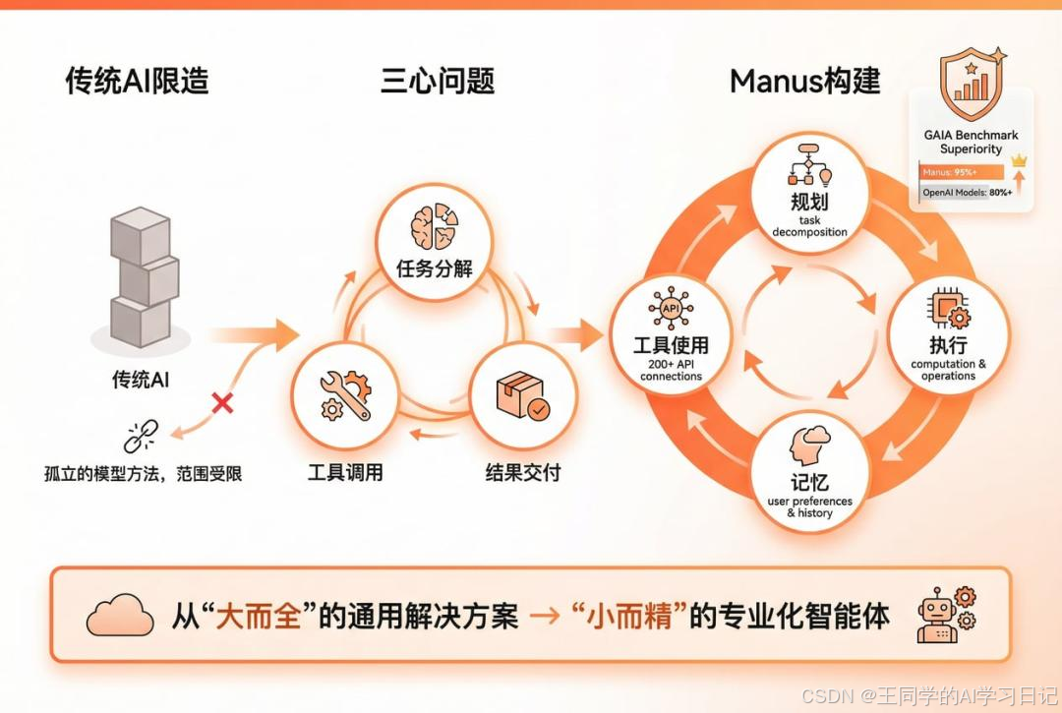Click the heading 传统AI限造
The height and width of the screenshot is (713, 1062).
click(137, 80)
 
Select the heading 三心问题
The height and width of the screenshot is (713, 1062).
click(437, 80)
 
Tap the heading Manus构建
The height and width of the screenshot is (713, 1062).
click(804, 80)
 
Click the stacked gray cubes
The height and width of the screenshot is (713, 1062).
click(144, 278)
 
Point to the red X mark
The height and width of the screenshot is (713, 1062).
click(223, 402)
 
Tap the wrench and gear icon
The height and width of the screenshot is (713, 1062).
click(344, 395)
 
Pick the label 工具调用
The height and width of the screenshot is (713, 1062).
click(344, 473)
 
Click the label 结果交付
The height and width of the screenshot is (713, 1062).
click(523, 473)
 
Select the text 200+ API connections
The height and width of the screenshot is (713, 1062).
click(671, 371)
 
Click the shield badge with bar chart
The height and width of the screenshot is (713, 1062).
click(972, 85)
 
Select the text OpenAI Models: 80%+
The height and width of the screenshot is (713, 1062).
click(966, 194)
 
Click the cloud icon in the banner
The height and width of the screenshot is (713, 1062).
click(120, 617)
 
